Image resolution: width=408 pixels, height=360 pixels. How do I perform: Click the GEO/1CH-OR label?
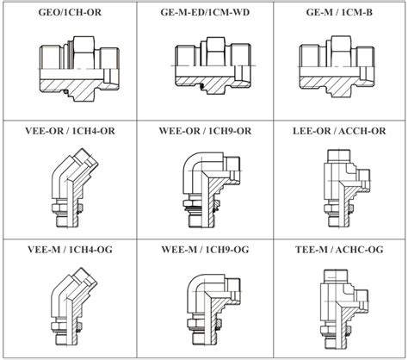[70, 13]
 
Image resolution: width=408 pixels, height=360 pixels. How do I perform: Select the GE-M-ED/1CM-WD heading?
[205, 12]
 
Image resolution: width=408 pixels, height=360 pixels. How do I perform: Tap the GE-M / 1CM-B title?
[339, 12]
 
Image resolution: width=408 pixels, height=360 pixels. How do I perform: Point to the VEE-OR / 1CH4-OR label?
[70, 131]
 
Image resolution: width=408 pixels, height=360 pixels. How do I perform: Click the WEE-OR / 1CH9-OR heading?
[205, 131]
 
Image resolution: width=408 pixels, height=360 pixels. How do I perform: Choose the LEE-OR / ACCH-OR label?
[339, 131]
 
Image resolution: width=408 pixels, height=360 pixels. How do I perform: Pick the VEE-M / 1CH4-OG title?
[70, 250]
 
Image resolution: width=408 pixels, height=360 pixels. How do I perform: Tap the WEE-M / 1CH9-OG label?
[205, 250]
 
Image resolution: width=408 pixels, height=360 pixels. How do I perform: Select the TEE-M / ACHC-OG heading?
[339, 250]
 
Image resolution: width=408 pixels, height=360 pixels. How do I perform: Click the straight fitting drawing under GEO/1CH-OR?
[79, 68]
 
